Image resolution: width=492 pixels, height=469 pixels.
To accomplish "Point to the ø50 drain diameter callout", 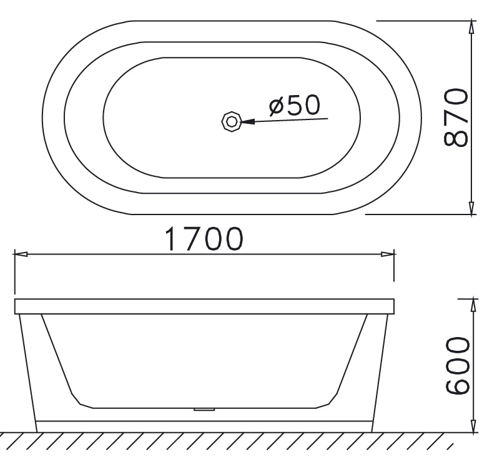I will [x=294, y=105].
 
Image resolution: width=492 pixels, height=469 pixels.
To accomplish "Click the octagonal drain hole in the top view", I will [x=231, y=121].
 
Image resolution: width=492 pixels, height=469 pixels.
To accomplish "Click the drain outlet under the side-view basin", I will [x=204, y=410].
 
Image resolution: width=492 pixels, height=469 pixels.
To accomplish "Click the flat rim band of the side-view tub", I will [x=204, y=306].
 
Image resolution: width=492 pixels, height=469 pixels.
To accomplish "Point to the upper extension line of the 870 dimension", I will [x=425, y=20].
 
